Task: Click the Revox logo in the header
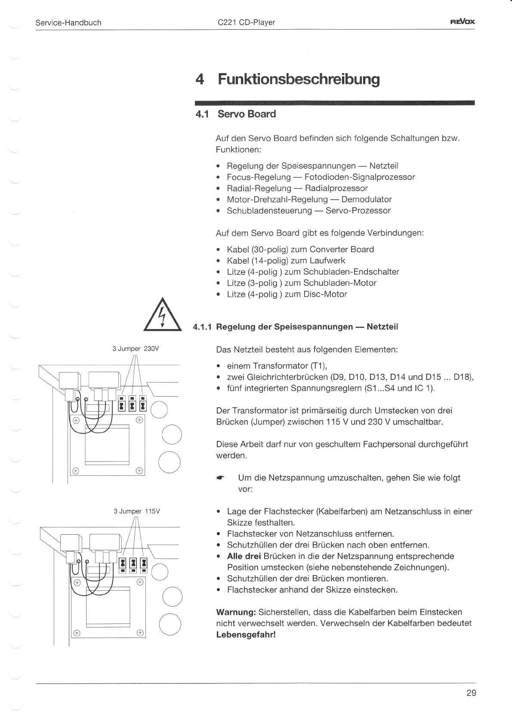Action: click(463, 22)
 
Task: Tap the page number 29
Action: click(471, 693)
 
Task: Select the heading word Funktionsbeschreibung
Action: click(299, 79)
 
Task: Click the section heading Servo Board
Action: click(247, 114)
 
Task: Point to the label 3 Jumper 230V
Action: click(136, 349)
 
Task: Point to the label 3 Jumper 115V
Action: click(136, 511)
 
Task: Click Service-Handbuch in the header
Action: click(68, 22)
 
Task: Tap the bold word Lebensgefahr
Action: click(245, 635)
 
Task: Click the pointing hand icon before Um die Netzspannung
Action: click(220, 478)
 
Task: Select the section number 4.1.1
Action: click(202, 327)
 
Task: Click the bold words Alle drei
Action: click(244, 556)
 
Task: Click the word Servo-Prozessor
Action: click(358, 210)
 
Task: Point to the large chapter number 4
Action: click(199, 80)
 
